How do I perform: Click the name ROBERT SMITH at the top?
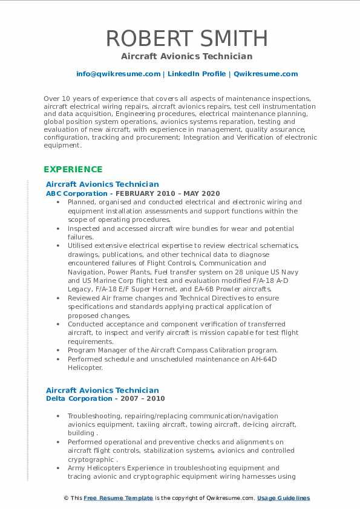click(186, 38)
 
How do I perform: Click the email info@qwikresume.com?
click(118, 74)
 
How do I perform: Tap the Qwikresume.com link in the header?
click(266, 74)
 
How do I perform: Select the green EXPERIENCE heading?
click(73, 169)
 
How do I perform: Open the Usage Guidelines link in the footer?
click(283, 498)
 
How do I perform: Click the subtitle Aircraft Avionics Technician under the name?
click(186, 56)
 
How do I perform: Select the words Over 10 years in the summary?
click(65, 98)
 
